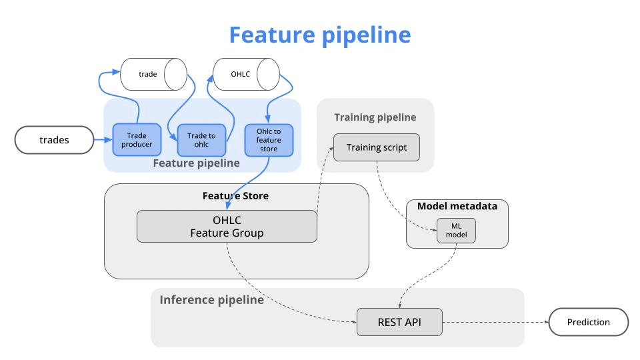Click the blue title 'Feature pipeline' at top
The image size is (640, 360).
[320, 35]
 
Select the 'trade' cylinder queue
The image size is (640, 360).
[153, 74]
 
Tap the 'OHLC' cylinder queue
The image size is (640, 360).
[246, 74]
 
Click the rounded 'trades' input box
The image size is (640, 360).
[54, 140]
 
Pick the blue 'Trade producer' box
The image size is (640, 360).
[137, 139]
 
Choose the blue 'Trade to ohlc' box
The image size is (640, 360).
[201, 140]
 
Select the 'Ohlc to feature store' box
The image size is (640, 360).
[269, 140]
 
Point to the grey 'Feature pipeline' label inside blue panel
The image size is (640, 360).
[196, 163]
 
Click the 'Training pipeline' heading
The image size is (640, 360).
[375, 117]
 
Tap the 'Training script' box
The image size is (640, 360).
[376, 147]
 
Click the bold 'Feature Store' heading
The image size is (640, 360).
[235, 196]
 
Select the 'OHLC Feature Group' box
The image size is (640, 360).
[227, 227]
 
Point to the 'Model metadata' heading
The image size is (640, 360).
[457, 206]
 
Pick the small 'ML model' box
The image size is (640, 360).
[456, 231]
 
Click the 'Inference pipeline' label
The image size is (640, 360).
[211, 300]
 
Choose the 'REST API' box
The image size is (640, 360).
[399, 322]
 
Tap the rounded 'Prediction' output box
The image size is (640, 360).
[589, 322]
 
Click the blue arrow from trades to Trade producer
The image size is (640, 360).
[103, 140]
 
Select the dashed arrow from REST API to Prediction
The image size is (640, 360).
[495, 322]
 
